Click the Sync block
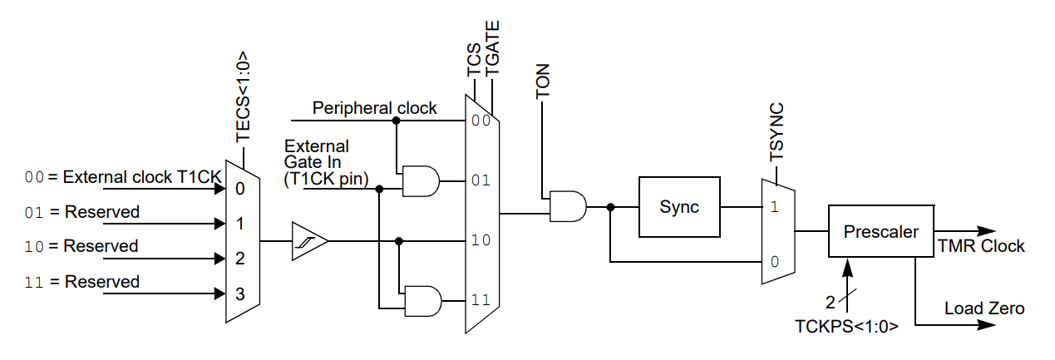679,207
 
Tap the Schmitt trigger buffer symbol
309,241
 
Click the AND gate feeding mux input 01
420,180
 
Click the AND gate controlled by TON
568,207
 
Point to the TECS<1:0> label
243,98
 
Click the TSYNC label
776,132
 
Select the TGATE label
492,51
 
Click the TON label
544,81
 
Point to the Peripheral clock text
374,108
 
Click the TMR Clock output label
981,246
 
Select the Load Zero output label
984,308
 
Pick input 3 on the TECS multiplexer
239,293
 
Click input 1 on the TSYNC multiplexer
774,207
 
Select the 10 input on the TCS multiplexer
480,241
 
